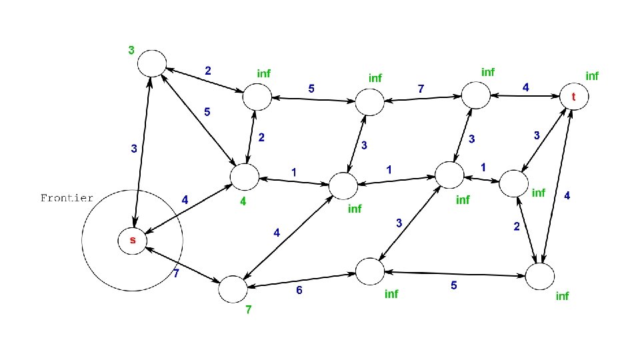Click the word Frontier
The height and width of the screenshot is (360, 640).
(67, 198)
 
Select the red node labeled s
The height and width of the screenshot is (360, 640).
(132, 240)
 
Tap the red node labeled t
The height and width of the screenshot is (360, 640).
(573, 97)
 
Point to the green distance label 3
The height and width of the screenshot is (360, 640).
(131, 49)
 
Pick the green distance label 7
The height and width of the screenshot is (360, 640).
(248, 311)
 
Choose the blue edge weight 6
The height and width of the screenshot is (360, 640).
(299, 290)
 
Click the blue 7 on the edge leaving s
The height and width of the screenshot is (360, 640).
(176, 274)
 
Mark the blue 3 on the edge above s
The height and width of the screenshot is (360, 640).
(134, 149)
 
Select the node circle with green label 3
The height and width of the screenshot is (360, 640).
(151, 63)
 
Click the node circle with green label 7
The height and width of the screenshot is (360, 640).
(233, 288)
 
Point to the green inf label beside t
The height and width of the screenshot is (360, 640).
(591, 76)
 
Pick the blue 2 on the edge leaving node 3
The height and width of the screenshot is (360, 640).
(208, 70)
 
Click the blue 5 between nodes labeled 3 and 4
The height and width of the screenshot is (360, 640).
(207, 113)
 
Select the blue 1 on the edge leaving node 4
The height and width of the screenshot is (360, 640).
(293, 173)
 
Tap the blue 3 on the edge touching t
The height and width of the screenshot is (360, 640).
(537, 135)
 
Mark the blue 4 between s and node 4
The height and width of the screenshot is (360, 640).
(185, 199)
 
